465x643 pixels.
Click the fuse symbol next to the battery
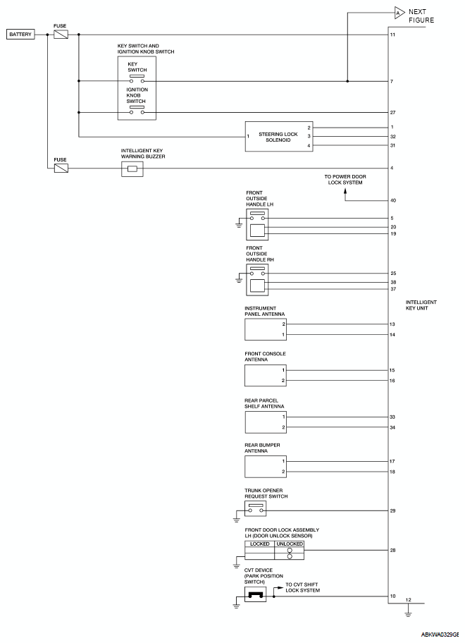61,34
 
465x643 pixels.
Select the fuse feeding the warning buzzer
61,169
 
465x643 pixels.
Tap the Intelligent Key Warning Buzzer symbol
132,169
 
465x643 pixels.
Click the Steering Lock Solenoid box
278,136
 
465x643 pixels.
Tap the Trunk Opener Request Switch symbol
256,509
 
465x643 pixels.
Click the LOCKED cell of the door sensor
259,544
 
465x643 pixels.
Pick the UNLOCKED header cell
289,544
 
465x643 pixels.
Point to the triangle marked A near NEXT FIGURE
398,13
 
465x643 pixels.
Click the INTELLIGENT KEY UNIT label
421,305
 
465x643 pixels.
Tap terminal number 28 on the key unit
393,550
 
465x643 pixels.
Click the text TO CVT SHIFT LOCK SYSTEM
302,587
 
